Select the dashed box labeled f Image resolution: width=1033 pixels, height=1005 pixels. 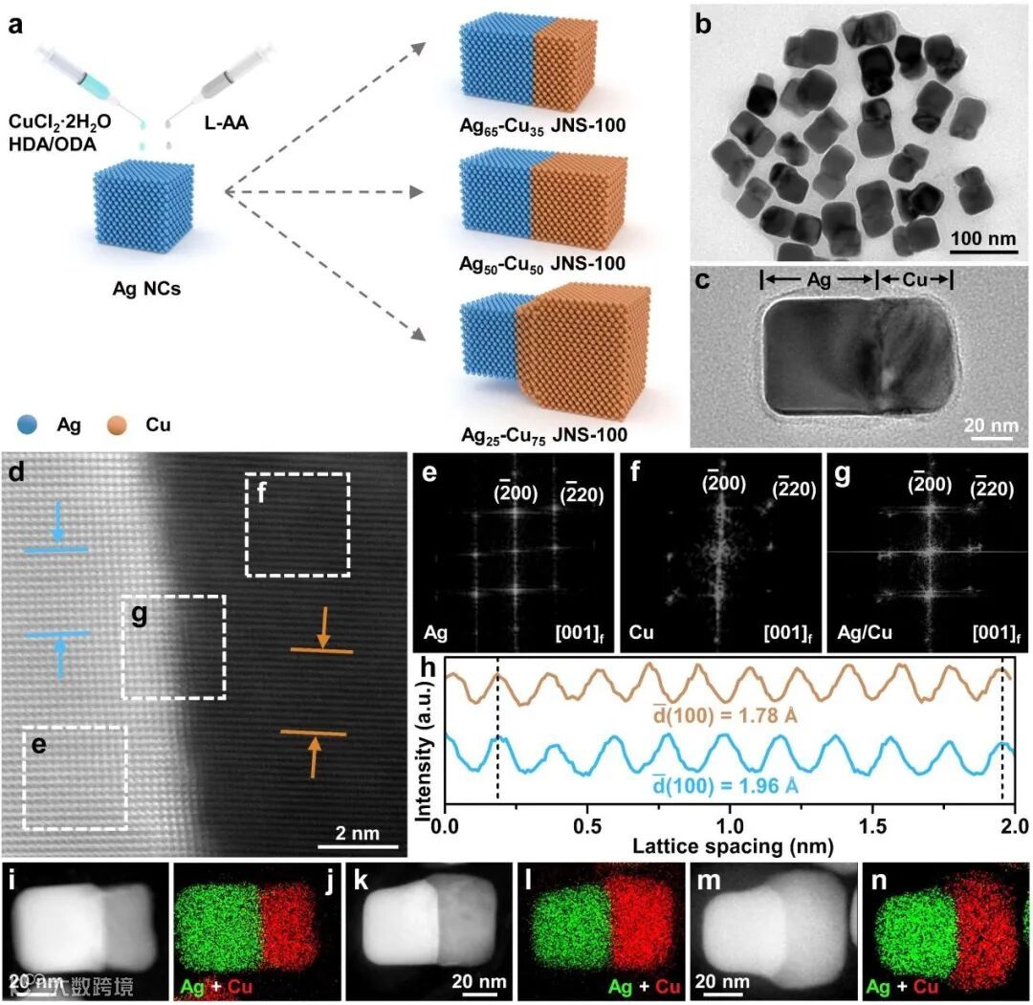297,524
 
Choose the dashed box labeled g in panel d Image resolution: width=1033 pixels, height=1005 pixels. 173,645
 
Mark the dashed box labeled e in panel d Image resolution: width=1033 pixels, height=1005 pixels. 75,776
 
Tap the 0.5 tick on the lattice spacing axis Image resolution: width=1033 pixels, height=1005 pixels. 587,824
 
